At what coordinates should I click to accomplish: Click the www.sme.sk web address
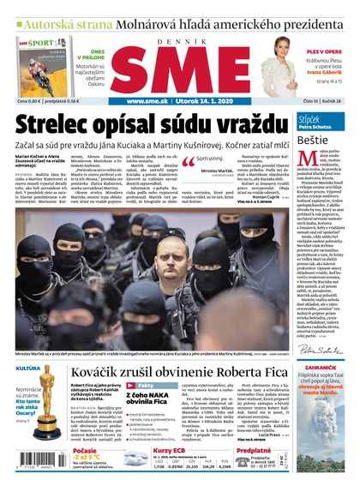coord(153,101)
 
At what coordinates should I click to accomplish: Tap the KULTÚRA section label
coord(28,369)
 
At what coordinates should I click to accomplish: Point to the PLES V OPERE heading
coord(324,52)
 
